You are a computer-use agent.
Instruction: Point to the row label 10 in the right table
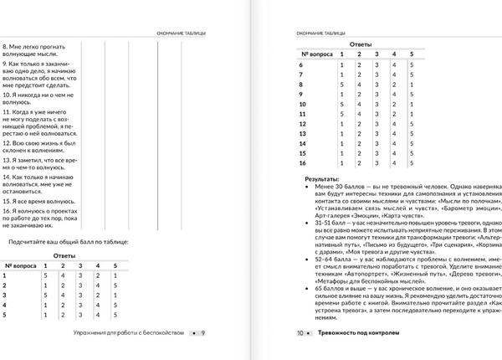coord(303,105)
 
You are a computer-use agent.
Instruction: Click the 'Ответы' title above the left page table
coord(65,255)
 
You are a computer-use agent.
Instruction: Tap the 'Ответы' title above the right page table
coord(361,43)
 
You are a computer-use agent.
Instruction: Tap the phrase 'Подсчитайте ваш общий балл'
coord(68,241)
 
